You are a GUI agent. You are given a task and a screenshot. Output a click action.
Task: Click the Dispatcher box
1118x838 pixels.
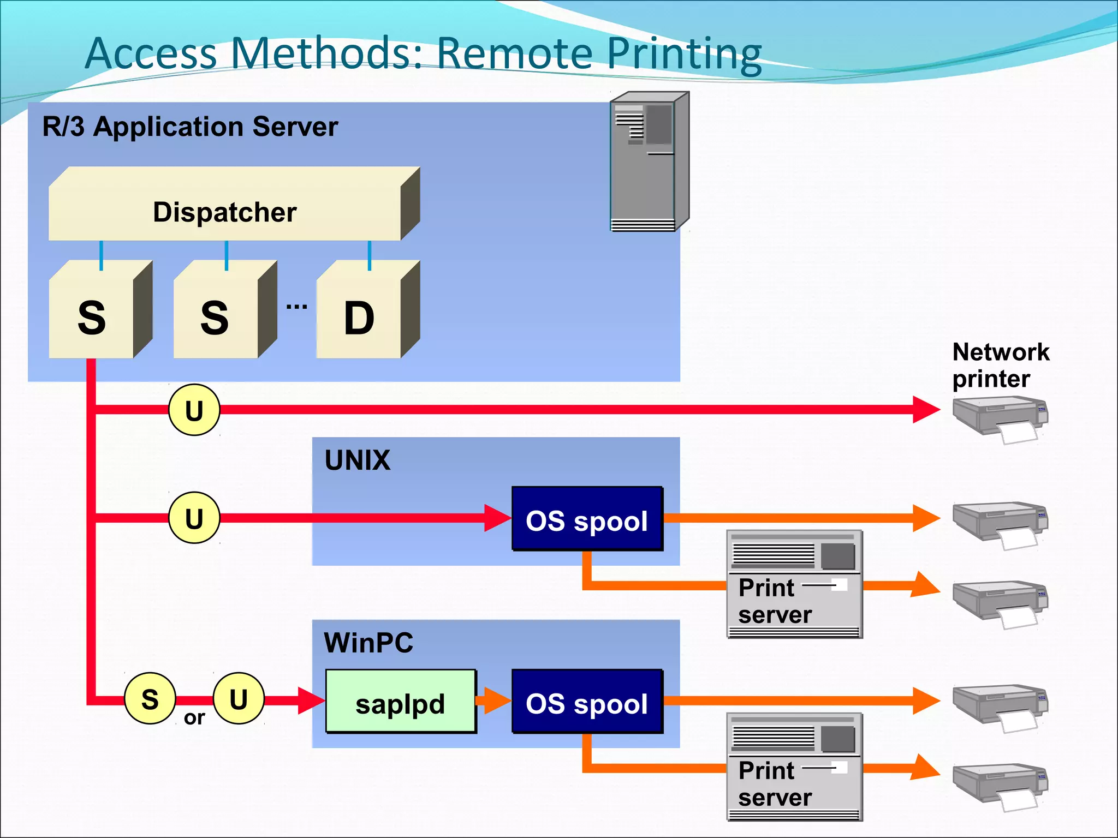click(225, 212)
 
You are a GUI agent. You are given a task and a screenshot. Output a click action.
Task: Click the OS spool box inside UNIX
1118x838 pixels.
click(587, 519)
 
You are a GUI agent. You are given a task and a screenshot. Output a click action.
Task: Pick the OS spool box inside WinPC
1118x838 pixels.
click(587, 702)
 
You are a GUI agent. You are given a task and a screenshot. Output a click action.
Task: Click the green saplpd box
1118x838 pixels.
click(400, 702)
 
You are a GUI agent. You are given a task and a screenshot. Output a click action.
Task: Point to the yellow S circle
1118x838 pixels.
click(150, 698)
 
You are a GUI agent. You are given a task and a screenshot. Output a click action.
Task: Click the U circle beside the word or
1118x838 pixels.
click(239, 698)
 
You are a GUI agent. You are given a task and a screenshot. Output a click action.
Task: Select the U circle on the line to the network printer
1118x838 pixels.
click(194, 410)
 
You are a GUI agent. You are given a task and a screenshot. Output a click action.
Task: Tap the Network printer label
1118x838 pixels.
click(1000, 365)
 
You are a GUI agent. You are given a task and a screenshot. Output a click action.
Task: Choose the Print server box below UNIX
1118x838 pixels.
click(794, 584)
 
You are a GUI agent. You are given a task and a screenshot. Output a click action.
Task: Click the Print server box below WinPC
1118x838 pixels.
click(794, 767)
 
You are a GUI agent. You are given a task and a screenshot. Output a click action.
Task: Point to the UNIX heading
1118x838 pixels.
click(358, 460)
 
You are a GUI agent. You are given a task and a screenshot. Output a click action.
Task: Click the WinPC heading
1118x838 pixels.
click(368, 642)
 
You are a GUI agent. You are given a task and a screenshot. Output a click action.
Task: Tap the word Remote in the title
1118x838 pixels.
click(515, 53)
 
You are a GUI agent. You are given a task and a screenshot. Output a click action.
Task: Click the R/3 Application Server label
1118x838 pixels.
click(190, 127)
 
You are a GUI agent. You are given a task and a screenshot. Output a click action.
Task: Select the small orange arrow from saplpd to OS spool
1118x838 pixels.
click(493, 701)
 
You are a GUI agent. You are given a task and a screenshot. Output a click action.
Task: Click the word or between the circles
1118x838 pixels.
click(194, 718)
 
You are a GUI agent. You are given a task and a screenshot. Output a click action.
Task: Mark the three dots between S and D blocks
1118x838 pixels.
click(296, 307)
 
